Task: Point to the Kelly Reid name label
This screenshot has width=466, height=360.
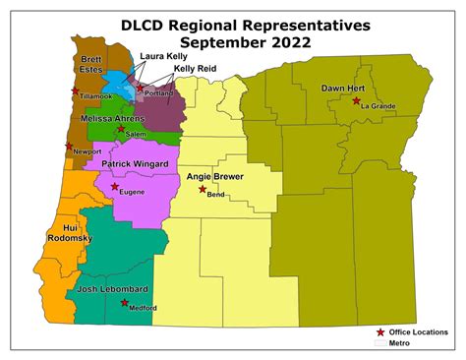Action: (195, 69)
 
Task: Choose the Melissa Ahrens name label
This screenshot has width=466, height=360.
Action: (112, 118)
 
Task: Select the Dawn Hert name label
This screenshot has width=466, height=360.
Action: (343, 89)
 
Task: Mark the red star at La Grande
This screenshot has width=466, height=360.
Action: (356, 100)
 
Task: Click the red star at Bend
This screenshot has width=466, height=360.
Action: (203, 189)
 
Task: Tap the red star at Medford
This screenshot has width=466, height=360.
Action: (124, 303)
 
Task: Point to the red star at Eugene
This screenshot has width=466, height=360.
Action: (115, 186)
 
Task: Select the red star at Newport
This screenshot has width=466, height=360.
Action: (69, 147)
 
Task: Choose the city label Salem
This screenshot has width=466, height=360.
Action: (135, 134)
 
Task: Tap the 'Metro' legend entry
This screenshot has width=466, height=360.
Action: (398, 343)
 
